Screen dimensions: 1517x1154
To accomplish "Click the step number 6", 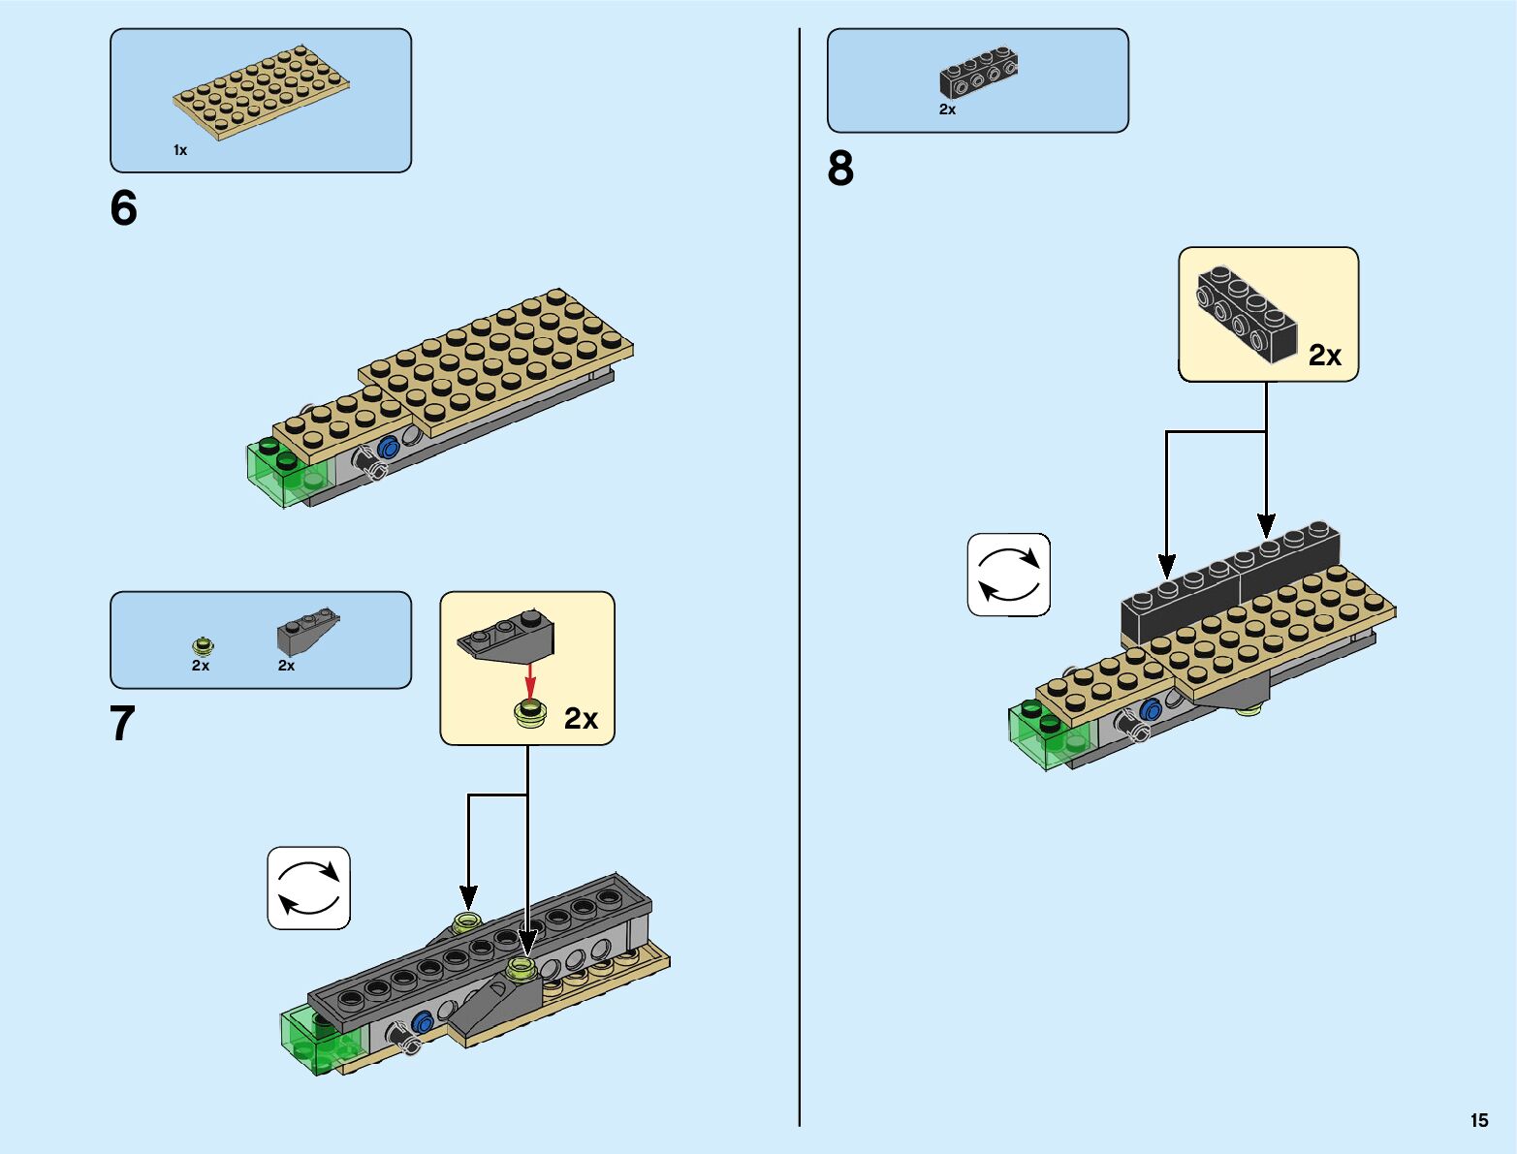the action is [x=124, y=208].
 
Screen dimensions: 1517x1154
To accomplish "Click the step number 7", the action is [x=122, y=724].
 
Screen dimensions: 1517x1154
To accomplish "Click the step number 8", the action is [x=840, y=169].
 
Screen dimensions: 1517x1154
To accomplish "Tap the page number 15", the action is [x=1479, y=1120].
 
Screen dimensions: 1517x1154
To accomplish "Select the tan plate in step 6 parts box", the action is [x=262, y=93].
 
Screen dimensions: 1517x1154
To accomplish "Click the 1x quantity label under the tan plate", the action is [x=179, y=150].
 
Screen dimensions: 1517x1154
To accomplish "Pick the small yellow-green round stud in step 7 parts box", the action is [x=203, y=646].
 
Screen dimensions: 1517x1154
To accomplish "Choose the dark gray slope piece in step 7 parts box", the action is [x=308, y=632].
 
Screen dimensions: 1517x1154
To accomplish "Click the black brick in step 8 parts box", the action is [x=978, y=73].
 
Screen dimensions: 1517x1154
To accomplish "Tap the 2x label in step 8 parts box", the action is [x=947, y=109].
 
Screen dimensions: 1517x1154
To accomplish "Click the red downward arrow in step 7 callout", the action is [x=530, y=681].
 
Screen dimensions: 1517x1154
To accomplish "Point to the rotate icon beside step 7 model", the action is [x=309, y=889].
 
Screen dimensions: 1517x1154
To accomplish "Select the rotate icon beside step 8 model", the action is [x=1009, y=575].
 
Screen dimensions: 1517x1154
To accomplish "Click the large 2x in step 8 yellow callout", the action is [x=1325, y=355].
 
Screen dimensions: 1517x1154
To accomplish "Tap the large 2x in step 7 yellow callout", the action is [x=581, y=718].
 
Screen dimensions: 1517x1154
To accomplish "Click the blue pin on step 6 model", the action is [x=388, y=447].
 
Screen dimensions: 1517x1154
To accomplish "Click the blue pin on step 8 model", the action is [x=1151, y=708].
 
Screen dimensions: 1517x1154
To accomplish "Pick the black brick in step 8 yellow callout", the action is [x=1247, y=314].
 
